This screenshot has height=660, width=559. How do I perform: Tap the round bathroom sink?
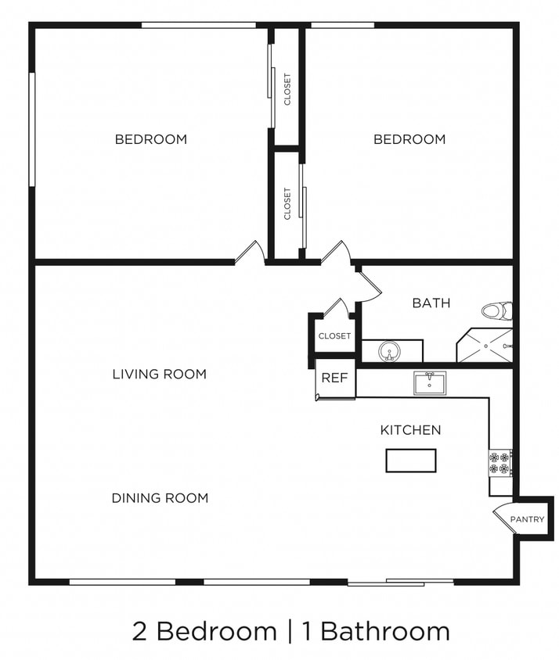click(389, 352)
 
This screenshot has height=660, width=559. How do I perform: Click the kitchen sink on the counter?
click(430, 383)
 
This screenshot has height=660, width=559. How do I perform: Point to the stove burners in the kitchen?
click(499, 463)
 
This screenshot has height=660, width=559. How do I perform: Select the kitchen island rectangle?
click(411, 461)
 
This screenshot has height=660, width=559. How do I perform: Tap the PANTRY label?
click(527, 519)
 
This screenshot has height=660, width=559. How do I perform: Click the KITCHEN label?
click(410, 430)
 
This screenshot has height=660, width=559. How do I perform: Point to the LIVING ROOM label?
click(160, 375)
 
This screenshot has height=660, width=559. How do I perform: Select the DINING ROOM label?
click(160, 498)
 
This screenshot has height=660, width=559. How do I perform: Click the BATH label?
click(431, 303)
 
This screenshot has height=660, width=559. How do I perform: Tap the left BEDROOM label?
click(151, 140)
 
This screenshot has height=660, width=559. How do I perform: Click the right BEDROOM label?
click(409, 140)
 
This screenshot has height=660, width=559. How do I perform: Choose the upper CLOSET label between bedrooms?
click(287, 89)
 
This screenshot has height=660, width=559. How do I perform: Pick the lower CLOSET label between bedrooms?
click(287, 203)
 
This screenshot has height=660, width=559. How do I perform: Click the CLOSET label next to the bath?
click(335, 336)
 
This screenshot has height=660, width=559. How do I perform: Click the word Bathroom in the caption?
click(385, 631)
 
